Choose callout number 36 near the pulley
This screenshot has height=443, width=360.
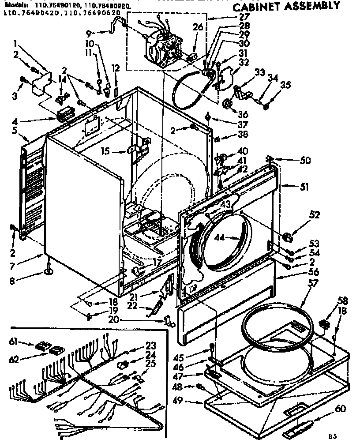pos(242,114)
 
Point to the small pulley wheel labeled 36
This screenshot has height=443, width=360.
pos(228,104)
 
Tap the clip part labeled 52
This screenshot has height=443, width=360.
pos(288,237)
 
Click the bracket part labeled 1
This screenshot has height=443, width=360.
pos(42,84)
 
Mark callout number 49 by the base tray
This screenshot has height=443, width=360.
pos(190,401)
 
